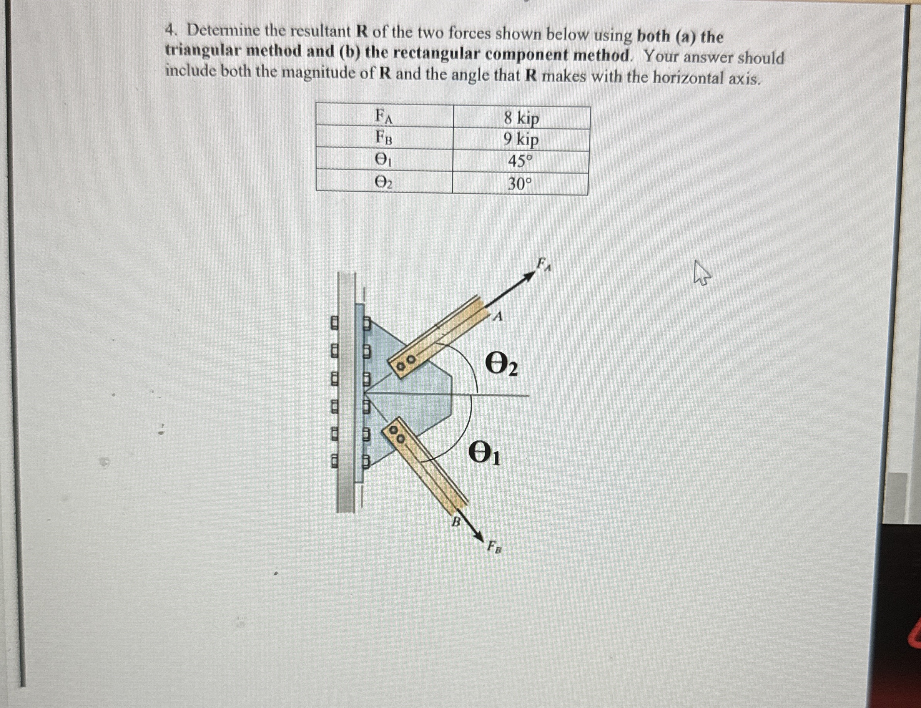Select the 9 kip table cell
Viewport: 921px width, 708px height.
coord(521,139)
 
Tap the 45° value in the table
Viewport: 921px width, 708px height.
coord(521,161)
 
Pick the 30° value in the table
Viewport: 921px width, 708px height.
coord(520,184)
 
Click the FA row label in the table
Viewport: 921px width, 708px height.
coord(384,116)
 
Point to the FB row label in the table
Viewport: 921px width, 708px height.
coord(384,138)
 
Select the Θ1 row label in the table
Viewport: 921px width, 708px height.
coord(384,160)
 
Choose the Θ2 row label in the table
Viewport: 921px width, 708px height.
coord(384,182)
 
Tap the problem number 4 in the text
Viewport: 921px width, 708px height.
coord(170,30)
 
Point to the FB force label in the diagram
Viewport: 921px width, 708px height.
coord(494,548)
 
